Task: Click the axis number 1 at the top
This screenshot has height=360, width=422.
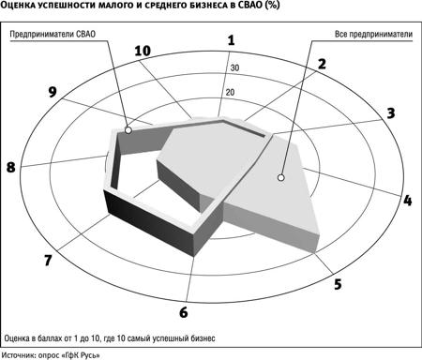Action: coord(231,40)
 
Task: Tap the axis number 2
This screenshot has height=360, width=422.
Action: coord(322,64)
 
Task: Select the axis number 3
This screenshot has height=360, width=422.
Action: coord(391,113)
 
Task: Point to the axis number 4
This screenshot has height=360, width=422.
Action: coord(407,201)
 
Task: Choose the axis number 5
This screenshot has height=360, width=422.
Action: coord(338,284)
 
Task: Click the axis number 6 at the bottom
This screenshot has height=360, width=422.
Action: coord(184,312)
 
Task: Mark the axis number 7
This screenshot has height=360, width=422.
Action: coord(48,260)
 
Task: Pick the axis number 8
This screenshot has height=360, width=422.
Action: coord(11,167)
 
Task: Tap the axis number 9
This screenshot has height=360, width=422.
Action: coord(53,92)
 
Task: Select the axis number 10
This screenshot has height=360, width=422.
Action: coord(143,51)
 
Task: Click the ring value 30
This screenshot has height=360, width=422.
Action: coord(234,67)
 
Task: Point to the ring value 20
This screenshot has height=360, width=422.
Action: coord(230,92)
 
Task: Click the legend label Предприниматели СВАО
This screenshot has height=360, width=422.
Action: coord(53,34)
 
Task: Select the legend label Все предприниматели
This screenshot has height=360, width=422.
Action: coord(373,34)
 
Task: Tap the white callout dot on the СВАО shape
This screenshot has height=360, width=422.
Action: coord(128,130)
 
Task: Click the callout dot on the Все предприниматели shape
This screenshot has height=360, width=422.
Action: coord(281,177)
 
